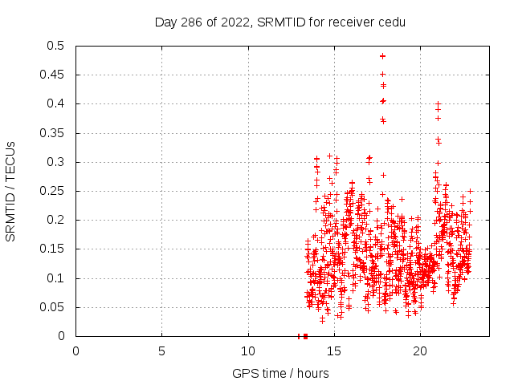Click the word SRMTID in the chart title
click(277, 22)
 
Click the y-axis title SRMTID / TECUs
click(10, 191)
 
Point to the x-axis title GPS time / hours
click(280, 373)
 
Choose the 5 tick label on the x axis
click(161, 351)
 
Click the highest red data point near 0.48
click(383, 56)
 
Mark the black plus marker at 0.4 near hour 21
click(438, 103)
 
